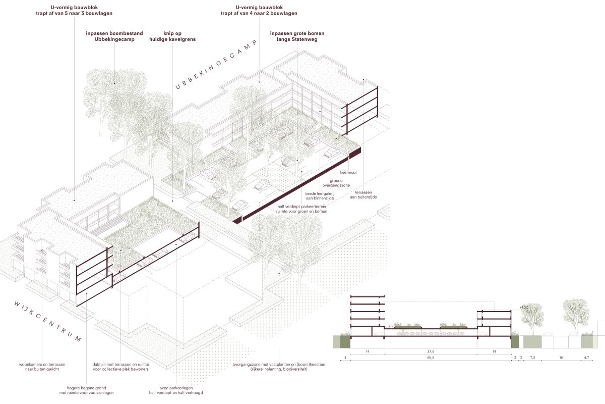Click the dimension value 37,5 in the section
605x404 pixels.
431,351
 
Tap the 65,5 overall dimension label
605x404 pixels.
431,358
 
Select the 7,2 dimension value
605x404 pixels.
532,358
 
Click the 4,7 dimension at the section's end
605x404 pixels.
586,358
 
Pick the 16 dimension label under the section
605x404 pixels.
561,358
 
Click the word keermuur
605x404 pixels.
348,172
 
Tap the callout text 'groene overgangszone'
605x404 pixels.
336,183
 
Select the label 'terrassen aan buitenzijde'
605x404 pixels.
364,195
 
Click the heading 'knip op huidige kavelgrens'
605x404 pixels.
172,36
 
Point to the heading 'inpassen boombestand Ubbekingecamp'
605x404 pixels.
114,36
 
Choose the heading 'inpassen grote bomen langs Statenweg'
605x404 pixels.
297,36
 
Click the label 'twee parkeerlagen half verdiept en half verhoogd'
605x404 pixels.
176,390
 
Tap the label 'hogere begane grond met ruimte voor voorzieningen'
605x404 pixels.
86,390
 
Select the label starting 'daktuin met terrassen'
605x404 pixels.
120,367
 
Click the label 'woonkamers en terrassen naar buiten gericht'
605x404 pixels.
42,367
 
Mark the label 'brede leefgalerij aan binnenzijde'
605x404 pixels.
320,196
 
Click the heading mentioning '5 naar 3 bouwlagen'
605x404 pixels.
74,10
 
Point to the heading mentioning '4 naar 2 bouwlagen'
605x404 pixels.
259,10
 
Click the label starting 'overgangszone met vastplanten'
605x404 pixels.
279,367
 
